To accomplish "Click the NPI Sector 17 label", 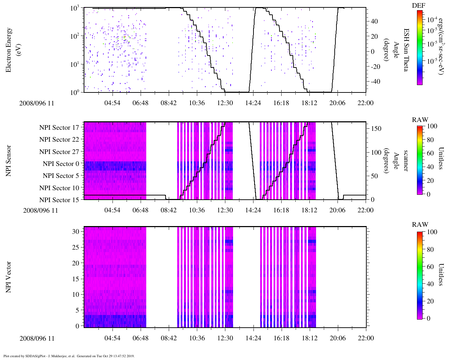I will (x=59, y=128).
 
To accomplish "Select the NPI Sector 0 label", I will (x=61, y=164).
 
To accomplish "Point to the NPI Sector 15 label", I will (x=59, y=200).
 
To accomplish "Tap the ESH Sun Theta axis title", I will (x=405, y=50).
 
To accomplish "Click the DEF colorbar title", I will (x=418, y=6).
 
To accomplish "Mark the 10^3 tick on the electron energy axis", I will (x=75, y=8).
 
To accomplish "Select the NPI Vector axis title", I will (x=8, y=277).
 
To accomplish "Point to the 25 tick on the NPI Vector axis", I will (x=76, y=247).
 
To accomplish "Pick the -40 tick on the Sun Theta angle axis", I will (x=375, y=82).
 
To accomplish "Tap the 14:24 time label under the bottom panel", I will (x=253, y=338).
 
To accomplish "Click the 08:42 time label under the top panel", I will (x=169, y=103).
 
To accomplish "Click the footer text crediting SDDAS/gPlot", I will (x=69, y=356).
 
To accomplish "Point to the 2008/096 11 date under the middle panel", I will (x=40, y=211).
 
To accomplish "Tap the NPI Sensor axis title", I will (x=8, y=161).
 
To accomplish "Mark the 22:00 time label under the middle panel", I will (x=366, y=210).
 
